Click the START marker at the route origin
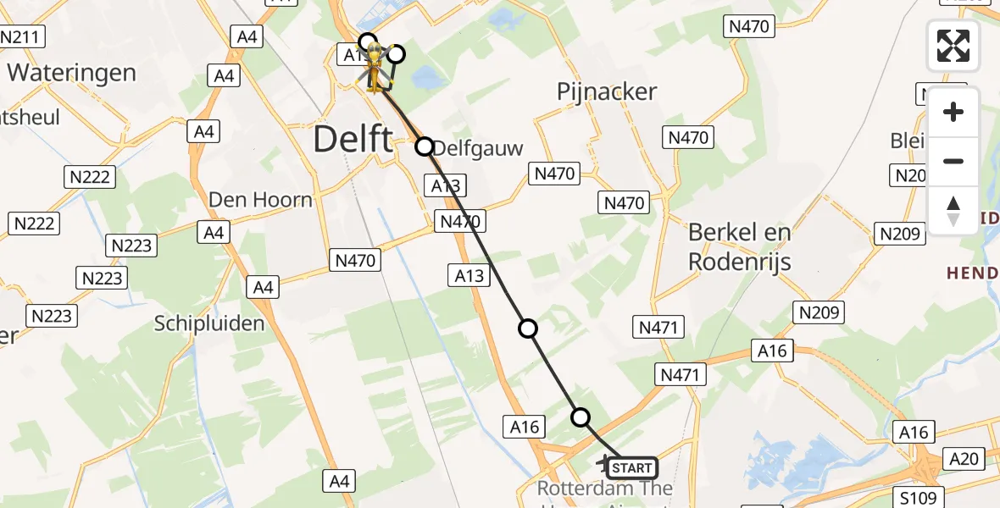click(631, 467)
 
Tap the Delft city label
click(353, 139)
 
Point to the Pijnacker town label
click(608, 91)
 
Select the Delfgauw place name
click(480, 148)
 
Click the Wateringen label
click(72, 72)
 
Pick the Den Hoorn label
click(260, 200)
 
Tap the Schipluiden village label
click(209, 323)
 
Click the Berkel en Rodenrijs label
click(740, 246)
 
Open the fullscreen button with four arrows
click(953, 46)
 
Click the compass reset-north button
click(953, 211)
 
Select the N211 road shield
click(22, 37)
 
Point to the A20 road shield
click(964, 459)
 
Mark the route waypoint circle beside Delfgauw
click(425, 146)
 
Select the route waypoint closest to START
click(581, 417)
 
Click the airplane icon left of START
click(603, 462)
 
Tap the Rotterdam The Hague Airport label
click(605, 489)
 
